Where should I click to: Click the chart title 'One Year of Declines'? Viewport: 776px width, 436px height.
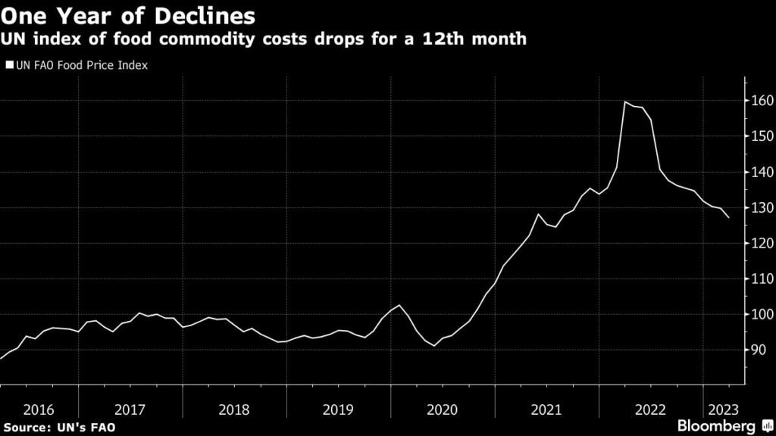[128, 14]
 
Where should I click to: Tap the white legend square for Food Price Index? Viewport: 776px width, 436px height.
[8, 65]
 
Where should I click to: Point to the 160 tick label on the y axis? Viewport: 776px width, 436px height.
[762, 101]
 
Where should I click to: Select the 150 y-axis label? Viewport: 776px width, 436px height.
[762, 136]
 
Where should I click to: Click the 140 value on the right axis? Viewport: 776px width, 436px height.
[762, 172]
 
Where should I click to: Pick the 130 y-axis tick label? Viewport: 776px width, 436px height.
[762, 207]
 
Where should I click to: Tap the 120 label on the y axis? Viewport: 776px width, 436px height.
[762, 243]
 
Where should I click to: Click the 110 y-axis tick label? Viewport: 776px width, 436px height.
[762, 279]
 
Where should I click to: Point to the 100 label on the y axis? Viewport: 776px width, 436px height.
[762, 314]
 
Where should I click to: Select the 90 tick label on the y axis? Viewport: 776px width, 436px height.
[759, 350]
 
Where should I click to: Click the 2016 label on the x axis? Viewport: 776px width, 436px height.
[39, 410]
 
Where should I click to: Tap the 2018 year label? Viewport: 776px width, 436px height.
[233, 410]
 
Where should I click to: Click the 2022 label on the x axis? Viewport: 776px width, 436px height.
[650, 410]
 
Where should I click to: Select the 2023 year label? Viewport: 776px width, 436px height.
[723, 410]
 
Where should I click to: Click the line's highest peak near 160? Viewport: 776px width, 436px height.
[625, 101]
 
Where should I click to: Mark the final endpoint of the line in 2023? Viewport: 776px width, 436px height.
[729, 218]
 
